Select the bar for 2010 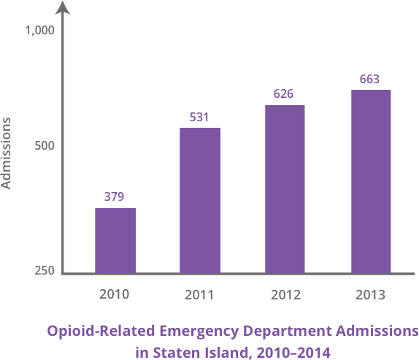tap(115, 240)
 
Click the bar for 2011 tap(200, 200)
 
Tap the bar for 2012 tap(285, 189)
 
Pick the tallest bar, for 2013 tap(370, 181)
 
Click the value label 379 tap(114, 196)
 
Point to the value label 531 tap(199, 116)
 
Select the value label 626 tap(284, 93)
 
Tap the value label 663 tap(369, 78)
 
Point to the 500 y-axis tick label tap(45, 146)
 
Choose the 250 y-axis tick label tap(45, 272)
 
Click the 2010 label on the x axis tap(114, 295)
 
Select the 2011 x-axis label tap(199, 296)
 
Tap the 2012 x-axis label tap(285, 296)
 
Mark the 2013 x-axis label tap(370, 296)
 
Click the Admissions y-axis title tap(7, 153)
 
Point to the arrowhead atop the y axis tap(64, 7)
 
